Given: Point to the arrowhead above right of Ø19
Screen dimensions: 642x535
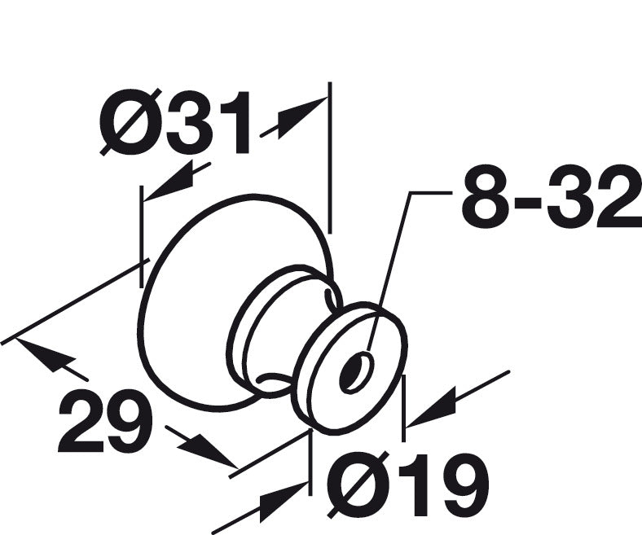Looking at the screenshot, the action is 431,408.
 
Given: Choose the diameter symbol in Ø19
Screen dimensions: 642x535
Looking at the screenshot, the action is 354,485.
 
